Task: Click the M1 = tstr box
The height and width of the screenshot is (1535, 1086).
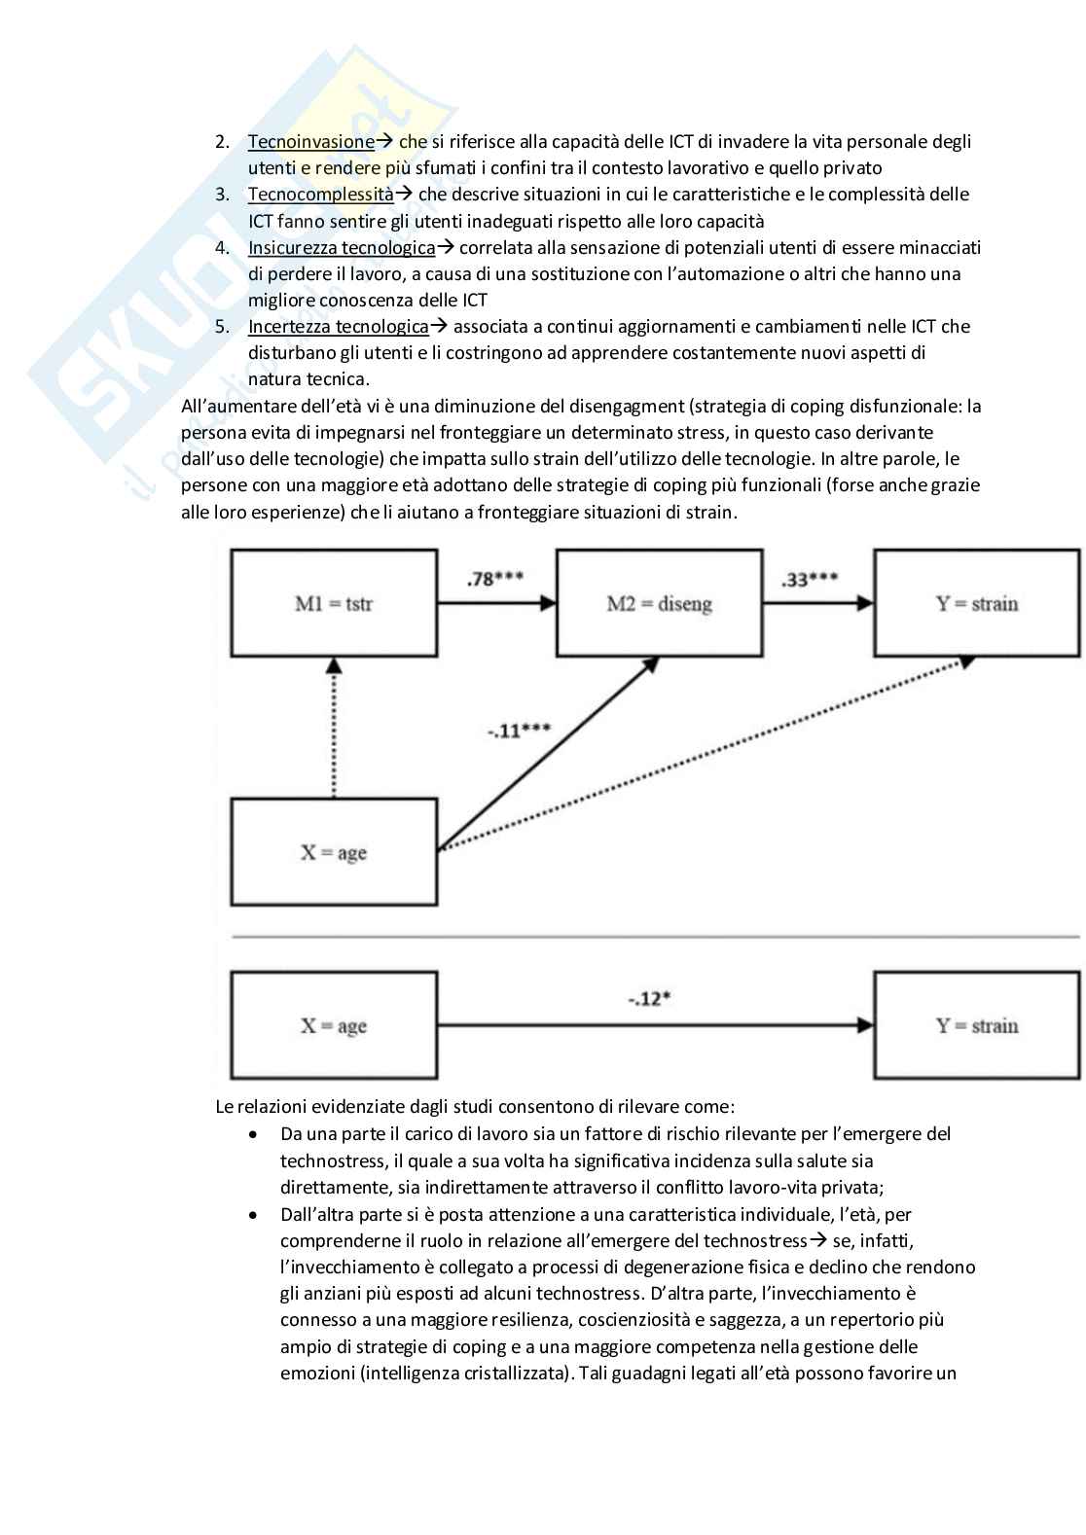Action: [x=334, y=603]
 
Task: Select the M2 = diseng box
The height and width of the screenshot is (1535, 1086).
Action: [x=659, y=603]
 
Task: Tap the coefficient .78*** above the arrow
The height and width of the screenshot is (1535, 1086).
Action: [x=494, y=579]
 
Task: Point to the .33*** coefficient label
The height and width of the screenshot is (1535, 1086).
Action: [x=809, y=579]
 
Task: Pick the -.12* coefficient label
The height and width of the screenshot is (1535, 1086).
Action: [x=651, y=998]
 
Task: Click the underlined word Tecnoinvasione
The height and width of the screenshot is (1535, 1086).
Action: [x=310, y=142]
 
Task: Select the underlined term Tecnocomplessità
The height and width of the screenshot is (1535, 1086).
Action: [x=320, y=195]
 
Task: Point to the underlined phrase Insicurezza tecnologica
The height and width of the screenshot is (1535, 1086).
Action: [x=341, y=248]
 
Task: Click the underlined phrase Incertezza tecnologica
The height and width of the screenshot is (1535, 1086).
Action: [x=338, y=327]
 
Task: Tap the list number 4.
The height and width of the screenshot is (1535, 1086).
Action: [x=222, y=248]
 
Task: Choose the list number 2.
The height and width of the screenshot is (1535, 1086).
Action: [x=222, y=142]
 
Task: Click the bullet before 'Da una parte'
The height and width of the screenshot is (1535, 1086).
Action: [x=254, y=1134]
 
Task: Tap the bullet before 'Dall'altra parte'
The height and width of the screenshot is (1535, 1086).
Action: [x=254, y=1215]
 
